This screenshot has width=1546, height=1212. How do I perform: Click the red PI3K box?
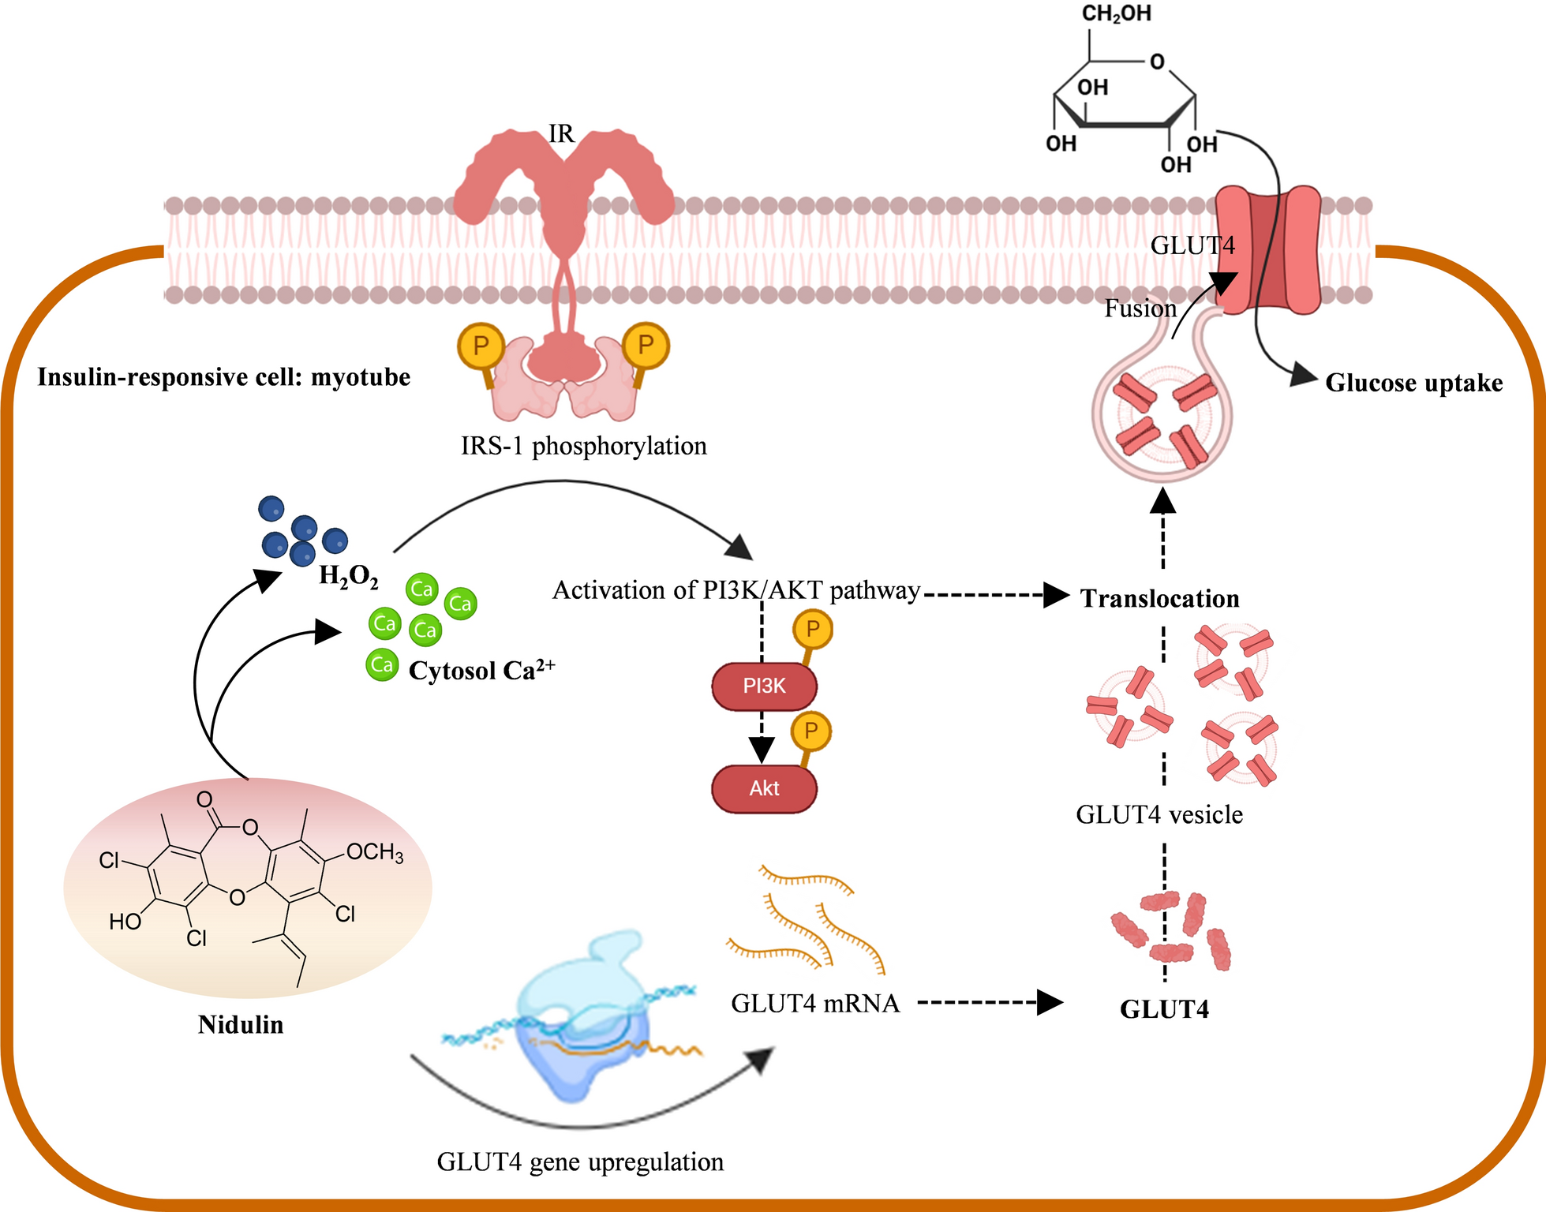point(764,686)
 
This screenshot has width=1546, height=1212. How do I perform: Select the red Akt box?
point(764,788)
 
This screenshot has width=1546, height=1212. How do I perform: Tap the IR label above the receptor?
point(561,134)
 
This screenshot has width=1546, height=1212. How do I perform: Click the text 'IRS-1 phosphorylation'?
point(584,446)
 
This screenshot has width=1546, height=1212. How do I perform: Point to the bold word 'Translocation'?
point(1159,598)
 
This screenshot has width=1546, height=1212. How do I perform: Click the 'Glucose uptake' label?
point(1413,383)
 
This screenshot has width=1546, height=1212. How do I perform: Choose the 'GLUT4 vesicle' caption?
point(1159,814)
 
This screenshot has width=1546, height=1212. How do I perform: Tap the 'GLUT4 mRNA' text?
point(815,1003)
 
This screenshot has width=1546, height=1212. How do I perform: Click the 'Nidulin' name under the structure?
point(241,1024)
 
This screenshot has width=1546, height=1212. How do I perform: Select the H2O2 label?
point(348,577)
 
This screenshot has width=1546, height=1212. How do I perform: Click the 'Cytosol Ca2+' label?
point(481,670)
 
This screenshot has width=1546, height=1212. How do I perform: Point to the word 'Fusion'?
point(1140,309)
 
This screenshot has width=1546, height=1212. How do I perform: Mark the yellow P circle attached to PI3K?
point(813,630)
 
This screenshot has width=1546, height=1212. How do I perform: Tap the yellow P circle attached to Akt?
point(811,731)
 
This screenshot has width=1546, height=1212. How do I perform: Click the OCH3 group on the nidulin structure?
point(375,852)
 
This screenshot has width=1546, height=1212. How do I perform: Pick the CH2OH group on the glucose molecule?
point(1116,13)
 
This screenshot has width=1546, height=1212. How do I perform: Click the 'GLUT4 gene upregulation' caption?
point(580,1161)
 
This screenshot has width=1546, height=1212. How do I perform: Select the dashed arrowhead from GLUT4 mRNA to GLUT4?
point(1049,1002)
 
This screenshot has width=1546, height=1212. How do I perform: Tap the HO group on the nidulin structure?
point(125,921)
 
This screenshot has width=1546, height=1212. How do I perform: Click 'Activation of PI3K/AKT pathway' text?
point(736,590)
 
